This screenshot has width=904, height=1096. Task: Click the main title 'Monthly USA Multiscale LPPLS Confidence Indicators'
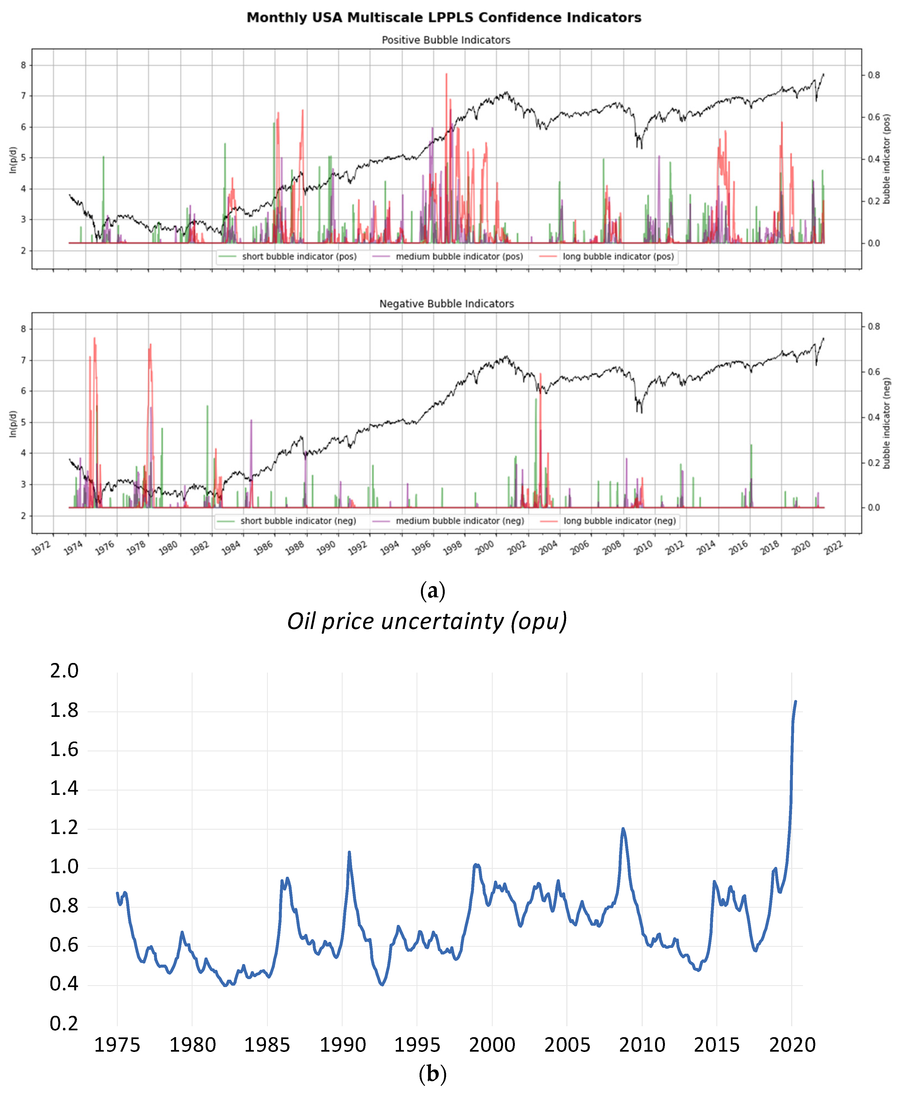[x=444, y=18]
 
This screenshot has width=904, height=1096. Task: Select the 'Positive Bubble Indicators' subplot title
[x=446, y=40]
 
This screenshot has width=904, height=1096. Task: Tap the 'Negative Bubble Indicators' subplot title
[x=446, y=304]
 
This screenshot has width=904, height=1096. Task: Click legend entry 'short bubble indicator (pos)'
[x=299, y=256]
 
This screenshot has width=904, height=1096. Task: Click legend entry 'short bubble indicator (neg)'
[x=298, y=521]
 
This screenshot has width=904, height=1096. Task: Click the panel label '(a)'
[x=432, y=591]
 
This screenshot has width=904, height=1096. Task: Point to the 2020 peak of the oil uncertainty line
[x=795, y=702]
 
